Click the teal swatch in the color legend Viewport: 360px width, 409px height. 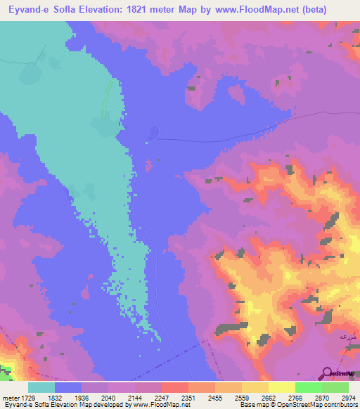(x=41, y=387)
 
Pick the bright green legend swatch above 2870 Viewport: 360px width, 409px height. (x=308, y=387)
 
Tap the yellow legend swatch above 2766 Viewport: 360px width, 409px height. (x=281, y=387)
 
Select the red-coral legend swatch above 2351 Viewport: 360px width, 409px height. (x=174, y=387)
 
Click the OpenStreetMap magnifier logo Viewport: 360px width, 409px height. (x=326, y=373)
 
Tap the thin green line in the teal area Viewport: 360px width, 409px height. (x=107, y=98)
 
